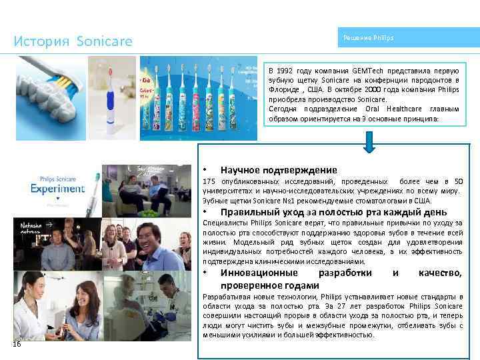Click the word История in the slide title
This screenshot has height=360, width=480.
[x=41, y=42]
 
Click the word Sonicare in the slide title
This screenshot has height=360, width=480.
[x=104, y=42]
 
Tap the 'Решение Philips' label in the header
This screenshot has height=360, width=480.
[x=368, y=38]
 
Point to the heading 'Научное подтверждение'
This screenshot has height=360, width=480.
[x=279, y=170]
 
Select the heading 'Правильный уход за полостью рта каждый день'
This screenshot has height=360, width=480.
[x=323, y=213]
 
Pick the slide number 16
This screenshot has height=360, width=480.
[x=17, y=344]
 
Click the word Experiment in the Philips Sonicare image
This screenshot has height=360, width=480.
[x=57, y=188]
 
